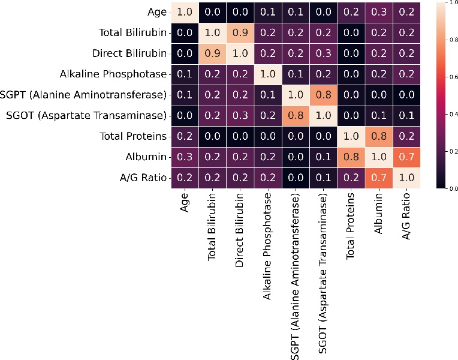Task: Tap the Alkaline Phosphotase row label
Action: (x=113, y=74)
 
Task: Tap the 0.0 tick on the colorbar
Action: (x=448, y=188)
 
